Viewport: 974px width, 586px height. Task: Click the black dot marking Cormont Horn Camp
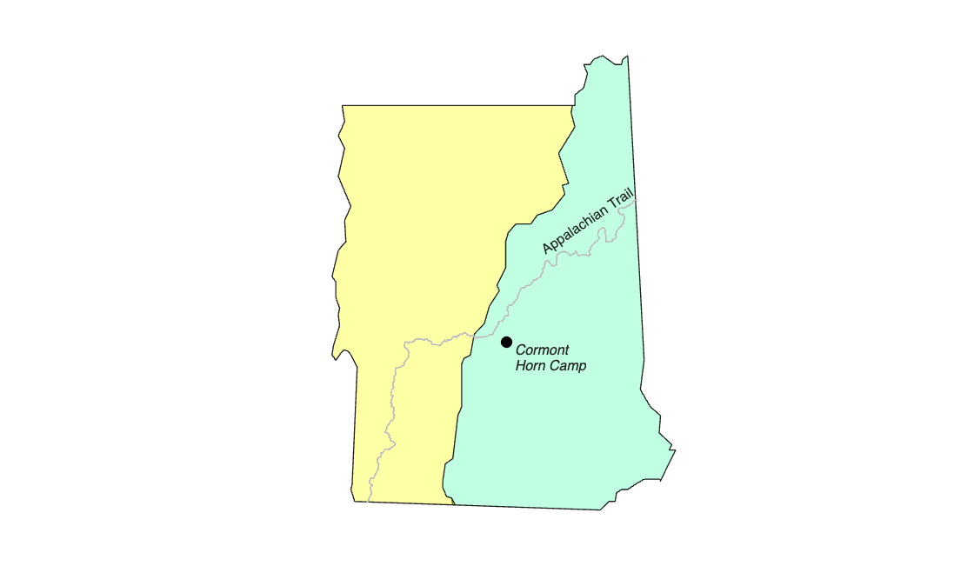point(506,342)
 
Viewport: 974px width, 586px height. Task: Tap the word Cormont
point(543,350)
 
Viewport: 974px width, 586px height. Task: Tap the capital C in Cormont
point(521,350)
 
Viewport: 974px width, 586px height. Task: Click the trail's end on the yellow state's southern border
point(369,502)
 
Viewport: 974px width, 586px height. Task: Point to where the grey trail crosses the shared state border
point(473,335)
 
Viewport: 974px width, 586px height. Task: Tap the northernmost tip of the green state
point(627,57)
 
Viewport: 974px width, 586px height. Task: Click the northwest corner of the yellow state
point(343,106)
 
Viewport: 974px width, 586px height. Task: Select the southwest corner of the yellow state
point(353,501)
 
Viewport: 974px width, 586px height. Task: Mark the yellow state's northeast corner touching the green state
point(573,106)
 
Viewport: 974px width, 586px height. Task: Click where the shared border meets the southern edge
point(455,504)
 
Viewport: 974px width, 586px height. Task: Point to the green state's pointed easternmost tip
point(676,450)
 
